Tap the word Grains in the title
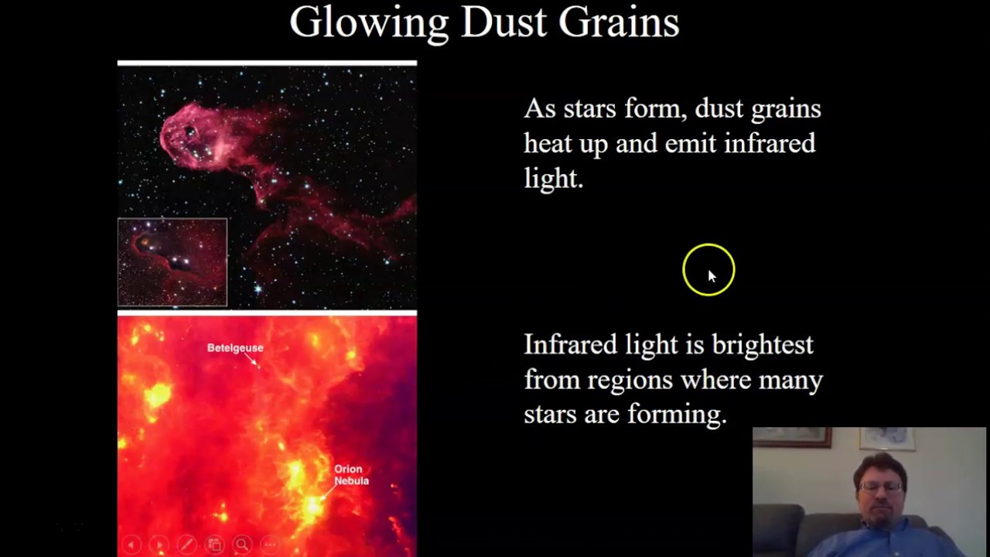coord(619,22)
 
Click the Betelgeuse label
coord(235,348)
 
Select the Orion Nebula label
coord(351,475)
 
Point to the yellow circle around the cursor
coord(708,269)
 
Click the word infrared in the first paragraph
coord(770,144)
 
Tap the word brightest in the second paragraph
coord(763,345)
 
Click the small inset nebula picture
coord(172,262)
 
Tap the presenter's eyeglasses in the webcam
coord(880,487)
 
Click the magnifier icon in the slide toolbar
coord(242,545)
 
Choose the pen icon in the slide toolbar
coord(186,545)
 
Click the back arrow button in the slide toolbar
coord(131,545)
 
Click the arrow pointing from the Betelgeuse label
coord(252,361)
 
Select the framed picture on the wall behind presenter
coord(793,437)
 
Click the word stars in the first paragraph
coord(589,109)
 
